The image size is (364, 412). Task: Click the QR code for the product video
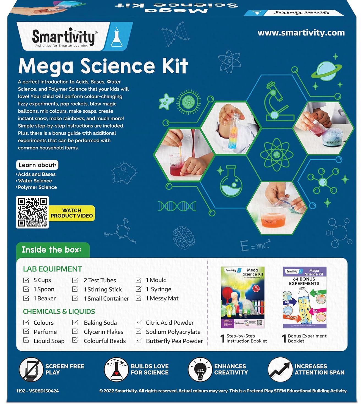pos(32,212)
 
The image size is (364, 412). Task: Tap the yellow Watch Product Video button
pos(72,213)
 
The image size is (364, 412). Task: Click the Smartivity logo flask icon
pos(117,37)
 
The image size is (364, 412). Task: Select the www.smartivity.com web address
pos(301,33)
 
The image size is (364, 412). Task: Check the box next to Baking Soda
pos(75,322)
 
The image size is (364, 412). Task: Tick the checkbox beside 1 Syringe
pos(139,289)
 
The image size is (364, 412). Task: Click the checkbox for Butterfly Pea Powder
pos(139,341)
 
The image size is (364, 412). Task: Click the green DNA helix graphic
pos(177,206)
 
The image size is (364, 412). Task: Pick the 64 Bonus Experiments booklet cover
pos(305,297)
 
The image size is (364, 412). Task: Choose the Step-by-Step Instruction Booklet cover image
pos(242,297)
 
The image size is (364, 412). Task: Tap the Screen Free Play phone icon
pos(31,369)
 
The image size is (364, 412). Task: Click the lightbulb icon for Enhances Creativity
pos(200,369)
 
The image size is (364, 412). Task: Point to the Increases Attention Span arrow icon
pos(280,369)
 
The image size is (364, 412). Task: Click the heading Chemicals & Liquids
pos(59,311)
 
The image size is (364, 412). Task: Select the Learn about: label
pos(37,165)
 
